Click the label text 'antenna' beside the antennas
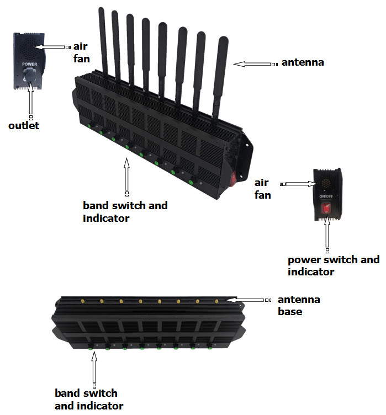point(303,62)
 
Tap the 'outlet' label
point(24,126)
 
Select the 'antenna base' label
point(298,305)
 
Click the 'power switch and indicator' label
point(334,265)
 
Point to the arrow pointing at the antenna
point(254,64)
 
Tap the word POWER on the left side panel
point(29,64)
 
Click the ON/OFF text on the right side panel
point(325,196)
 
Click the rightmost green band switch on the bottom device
point(210,348)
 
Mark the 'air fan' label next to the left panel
point(81,52)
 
